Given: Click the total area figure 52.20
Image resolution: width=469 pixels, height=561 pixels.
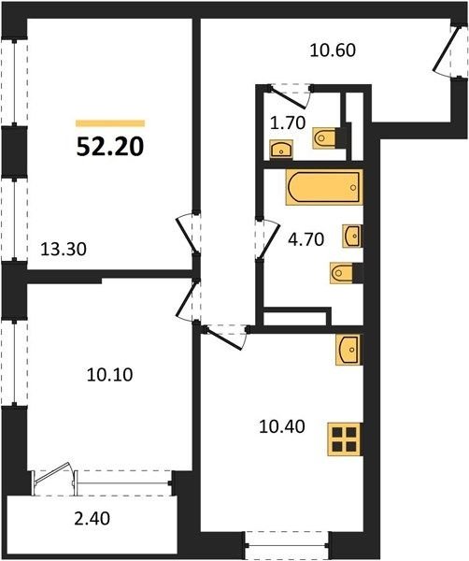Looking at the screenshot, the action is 110,147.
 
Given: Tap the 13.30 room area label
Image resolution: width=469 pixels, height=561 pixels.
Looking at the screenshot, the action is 64,249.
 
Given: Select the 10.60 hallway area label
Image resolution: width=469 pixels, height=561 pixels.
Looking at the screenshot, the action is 333,50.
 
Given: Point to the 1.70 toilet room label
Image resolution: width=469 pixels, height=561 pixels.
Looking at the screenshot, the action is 288,123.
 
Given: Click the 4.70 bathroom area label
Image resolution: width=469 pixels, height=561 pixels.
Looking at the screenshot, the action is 306,239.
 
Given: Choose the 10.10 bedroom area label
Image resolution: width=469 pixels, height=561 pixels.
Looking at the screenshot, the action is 109,375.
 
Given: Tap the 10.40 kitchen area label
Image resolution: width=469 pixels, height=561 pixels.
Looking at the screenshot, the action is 282,426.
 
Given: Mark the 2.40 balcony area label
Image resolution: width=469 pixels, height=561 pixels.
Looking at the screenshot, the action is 92,518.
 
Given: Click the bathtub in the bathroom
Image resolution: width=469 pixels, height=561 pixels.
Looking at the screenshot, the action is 324,187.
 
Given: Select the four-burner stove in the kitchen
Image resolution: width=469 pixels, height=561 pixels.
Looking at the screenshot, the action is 345,439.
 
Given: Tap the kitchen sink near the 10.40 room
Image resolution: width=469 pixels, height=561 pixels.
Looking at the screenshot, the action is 349,350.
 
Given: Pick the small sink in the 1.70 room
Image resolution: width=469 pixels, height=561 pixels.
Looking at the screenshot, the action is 281,149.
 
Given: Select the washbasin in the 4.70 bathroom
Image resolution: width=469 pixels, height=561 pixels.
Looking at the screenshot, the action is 352,236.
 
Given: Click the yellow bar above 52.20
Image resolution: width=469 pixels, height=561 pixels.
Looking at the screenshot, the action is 110,123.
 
